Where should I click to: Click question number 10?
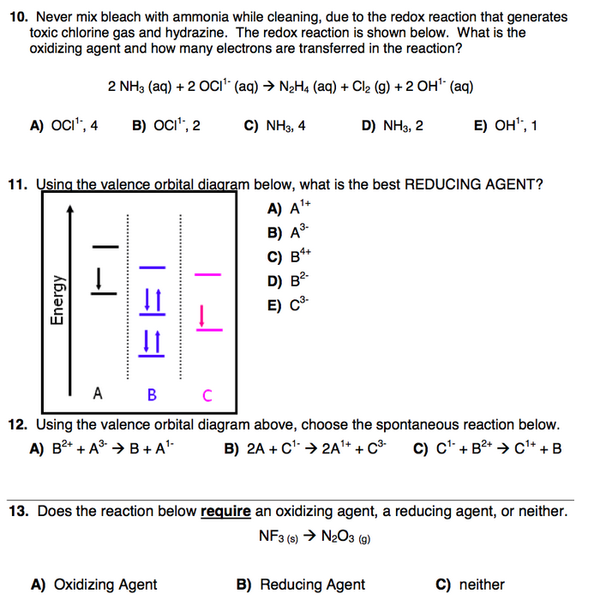(16, 16)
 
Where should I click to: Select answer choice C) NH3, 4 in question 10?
(274, 126)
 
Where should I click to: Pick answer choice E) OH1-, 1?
(505, 126)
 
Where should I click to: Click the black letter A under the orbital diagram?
(98, 394)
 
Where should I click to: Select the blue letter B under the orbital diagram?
(152, 395)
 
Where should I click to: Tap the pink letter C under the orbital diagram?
(207, 395)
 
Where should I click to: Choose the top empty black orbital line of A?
(102, 247)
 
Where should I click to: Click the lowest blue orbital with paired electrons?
(152, 342)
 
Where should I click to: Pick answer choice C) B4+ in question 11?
(287, 255)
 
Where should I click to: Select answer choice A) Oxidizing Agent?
(93, 585)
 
